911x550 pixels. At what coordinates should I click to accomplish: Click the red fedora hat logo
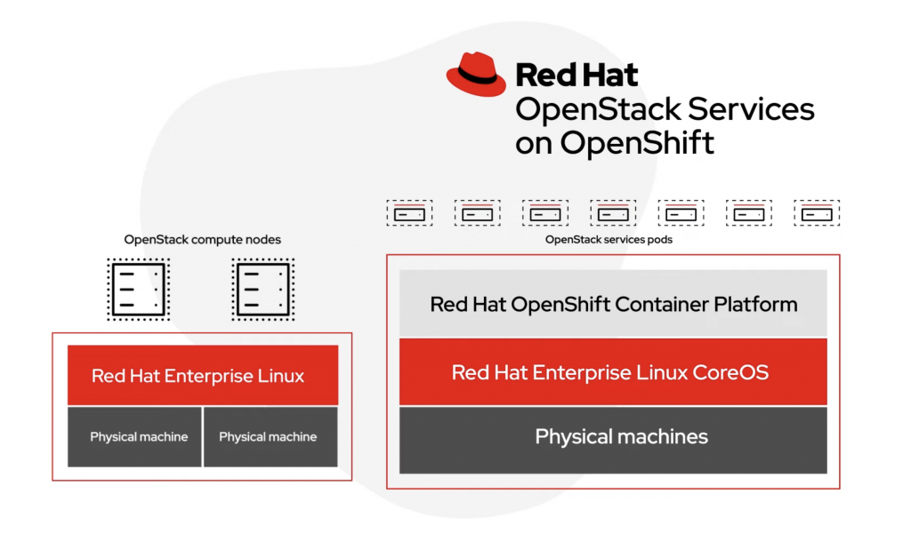coord(476,74)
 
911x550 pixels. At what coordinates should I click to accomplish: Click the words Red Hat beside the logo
coord(576,75)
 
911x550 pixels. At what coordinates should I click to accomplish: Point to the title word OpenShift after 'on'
coord(636,143)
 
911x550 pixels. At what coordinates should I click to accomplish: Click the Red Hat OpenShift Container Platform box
coord(613,305)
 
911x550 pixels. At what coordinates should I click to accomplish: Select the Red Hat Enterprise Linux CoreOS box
coord(613,371)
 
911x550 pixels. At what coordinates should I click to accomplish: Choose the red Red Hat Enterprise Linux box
coord(203,376)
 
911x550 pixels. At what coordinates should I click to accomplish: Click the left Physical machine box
coord(135,437)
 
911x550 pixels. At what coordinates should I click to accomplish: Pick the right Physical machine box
coord(270,437)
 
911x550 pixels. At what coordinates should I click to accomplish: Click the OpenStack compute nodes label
coord(202,240)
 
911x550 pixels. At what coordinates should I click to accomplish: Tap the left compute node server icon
coord(138,289)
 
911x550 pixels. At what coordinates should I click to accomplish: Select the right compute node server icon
coord(262,289)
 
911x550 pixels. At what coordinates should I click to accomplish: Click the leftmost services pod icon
coord(409,213)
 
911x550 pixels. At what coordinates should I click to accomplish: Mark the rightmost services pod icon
coord(817,213)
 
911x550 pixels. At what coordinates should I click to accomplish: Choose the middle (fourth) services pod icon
coord(613,213)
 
